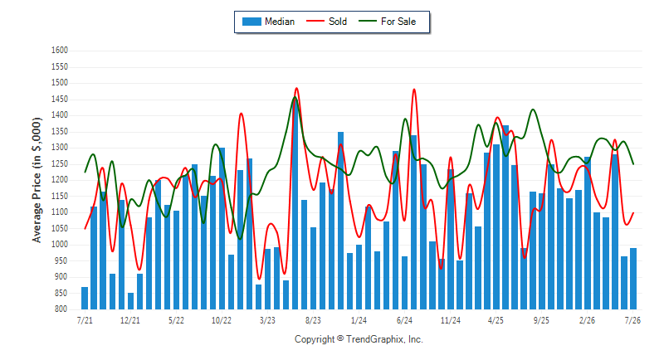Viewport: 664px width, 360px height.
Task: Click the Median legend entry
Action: [268, 22]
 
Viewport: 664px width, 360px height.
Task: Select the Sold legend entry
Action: [326, 22]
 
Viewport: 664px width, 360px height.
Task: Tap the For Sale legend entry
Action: [387, 22]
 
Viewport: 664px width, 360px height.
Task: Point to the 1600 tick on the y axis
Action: [60, 51]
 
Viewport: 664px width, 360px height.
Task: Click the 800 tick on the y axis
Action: [61, 309]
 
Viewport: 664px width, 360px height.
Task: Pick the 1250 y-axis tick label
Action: [60, 163]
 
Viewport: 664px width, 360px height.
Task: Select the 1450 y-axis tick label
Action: [60, 99]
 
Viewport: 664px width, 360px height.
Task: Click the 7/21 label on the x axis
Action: [85, 320]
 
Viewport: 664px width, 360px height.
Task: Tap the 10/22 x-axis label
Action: [222, 320]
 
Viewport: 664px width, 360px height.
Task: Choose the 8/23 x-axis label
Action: [313, 320]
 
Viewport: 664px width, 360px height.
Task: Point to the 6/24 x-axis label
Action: [404, 320]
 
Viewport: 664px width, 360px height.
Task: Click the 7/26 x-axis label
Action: [632, 320]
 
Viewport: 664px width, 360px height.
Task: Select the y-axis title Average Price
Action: [37, 180]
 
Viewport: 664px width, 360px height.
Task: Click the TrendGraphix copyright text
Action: [359, 339]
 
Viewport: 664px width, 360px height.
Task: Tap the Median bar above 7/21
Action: [85, 299]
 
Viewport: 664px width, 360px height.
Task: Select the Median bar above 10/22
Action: [222, 228]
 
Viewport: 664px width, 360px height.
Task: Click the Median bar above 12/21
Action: [130, 301]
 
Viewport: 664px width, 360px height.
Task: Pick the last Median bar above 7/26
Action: [633, 279]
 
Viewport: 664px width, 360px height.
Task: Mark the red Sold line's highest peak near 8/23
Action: [296, 88]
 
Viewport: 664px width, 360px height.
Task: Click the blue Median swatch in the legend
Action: [251, 22]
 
